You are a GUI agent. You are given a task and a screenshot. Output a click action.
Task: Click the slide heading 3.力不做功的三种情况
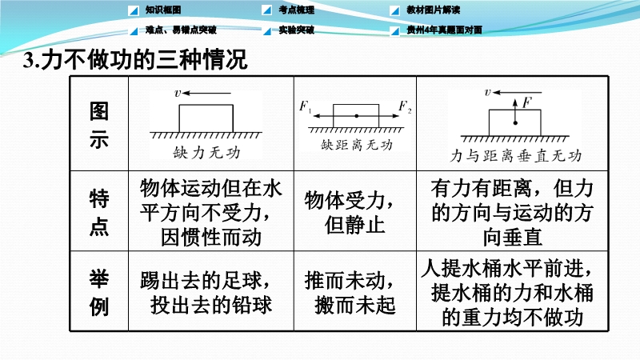click(135, 60)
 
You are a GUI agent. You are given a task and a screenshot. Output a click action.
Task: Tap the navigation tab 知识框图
click(163, 10)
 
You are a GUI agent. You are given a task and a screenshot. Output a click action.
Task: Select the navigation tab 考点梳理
click(296, 10)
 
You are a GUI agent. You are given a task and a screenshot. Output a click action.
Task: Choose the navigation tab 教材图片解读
click(433, 10)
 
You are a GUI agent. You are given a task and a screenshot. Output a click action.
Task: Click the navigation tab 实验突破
click(296, 30)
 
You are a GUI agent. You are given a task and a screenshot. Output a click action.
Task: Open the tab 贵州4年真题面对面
click(444, 30)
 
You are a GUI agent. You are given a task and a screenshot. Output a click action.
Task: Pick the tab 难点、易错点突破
click(181, 30)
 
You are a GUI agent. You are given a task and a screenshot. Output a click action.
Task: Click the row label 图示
click(99, 125)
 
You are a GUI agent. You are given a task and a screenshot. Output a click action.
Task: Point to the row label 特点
click(99, 212)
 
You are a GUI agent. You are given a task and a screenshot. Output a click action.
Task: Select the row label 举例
click(99, 293)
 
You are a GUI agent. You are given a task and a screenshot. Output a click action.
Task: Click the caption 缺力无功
click(206, 153)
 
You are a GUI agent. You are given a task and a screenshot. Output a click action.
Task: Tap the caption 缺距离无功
click(357, 145)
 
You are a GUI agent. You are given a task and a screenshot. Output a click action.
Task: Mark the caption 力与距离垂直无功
click(515, 155)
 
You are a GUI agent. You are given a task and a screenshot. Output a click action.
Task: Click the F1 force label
click(305, 106)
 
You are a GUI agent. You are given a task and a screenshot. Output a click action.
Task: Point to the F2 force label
click(405, 106)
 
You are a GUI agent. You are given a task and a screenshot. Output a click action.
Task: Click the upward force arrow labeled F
click(515, 111)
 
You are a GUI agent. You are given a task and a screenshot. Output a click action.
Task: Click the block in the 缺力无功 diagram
click(206, 118)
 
